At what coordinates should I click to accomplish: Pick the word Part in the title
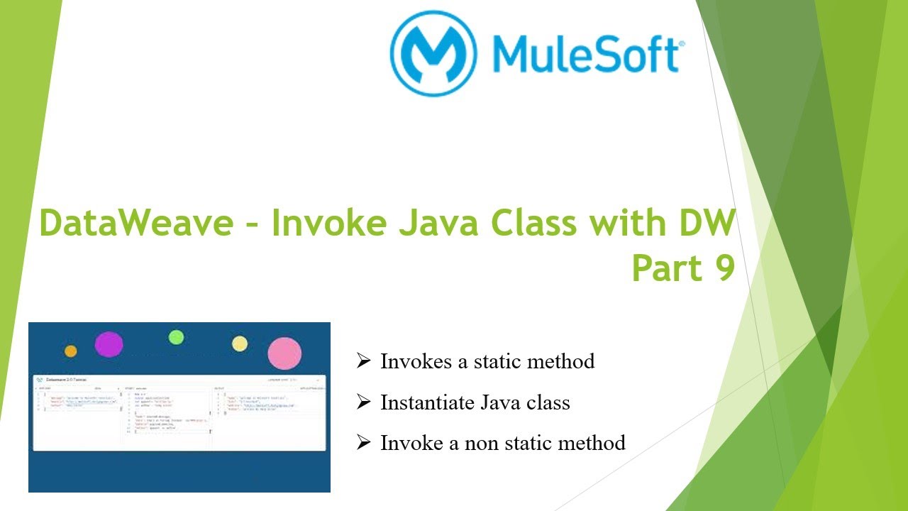pos(665,268)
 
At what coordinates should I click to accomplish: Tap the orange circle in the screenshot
pos(70,351)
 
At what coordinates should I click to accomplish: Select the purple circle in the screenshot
pos(109,344)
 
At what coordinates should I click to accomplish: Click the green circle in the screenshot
pos(176,337)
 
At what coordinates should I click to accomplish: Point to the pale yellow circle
pos(240,344)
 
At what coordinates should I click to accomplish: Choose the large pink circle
pos(284,353)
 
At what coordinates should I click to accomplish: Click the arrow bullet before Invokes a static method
pos(364,361)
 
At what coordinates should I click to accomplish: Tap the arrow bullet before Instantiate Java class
pos(364,402)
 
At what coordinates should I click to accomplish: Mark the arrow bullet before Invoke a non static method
pos(364,443)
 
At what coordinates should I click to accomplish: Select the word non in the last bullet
pos(483,444)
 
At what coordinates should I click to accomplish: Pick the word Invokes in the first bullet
pos(414,361)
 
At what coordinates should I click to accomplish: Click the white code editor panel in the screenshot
pos(179,412)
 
